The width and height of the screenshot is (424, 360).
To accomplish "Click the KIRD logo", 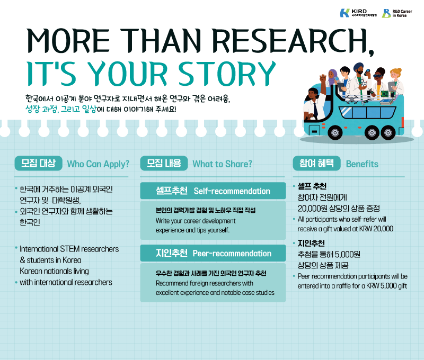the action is point(358,13).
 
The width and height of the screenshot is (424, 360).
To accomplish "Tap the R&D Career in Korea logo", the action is point(397,13).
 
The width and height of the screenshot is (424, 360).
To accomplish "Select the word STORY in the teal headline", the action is point(227,74).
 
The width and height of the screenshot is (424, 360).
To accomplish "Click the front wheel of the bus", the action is point(335,132).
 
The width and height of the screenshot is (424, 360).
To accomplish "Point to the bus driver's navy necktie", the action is point(315,109).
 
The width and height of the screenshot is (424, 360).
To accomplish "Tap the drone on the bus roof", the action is point(353,99).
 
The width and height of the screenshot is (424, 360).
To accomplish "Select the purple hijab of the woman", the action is point(332,77).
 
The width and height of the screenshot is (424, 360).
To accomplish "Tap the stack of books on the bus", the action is point(387,102).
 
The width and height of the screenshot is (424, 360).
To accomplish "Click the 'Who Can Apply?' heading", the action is point(98,164).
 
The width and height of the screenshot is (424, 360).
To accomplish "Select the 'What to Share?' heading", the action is point(222,164).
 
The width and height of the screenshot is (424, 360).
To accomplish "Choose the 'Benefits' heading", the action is point(362,164).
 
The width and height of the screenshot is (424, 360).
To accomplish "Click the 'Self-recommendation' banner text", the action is point(232,191).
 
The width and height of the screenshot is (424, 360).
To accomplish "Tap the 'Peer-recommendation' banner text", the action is point(232,254).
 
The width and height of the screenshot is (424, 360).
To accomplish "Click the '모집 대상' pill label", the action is point(38,163).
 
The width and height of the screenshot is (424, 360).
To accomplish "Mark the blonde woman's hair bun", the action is point(399,70).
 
